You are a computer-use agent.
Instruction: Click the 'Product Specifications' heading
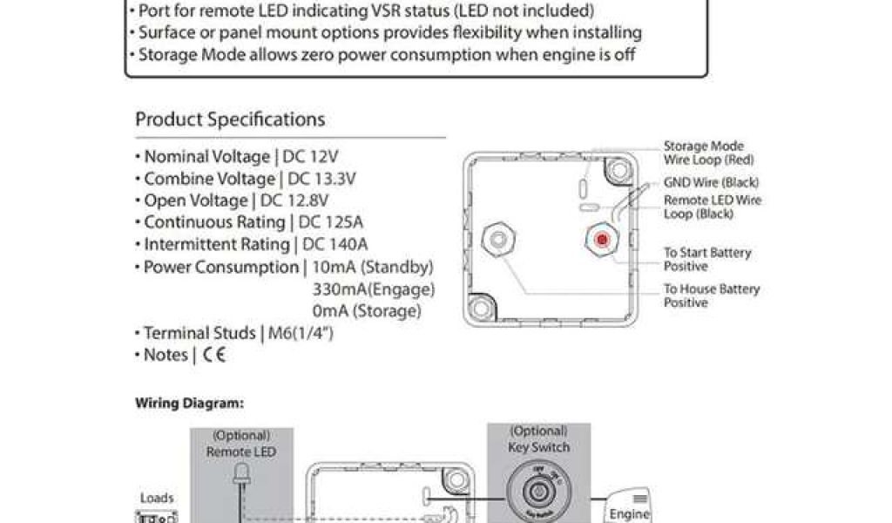coord(230,119)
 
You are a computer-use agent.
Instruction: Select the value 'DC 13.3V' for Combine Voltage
coord(321,179)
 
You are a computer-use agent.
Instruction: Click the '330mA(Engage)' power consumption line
coord(373,289)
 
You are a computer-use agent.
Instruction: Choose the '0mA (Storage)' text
coord(366,310)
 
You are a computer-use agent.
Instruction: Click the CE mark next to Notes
coord(213,355)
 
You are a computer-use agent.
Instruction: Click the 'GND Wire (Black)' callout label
coord(711,183)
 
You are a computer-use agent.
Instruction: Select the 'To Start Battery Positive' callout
coord(707,259)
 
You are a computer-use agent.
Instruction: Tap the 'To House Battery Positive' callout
coord(712,295)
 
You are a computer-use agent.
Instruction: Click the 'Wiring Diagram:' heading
coord(189,404)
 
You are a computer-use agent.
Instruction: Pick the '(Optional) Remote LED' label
coord(240,443)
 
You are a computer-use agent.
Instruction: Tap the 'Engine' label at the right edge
coord(629,513)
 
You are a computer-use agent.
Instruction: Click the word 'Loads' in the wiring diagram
coord(157,499)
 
